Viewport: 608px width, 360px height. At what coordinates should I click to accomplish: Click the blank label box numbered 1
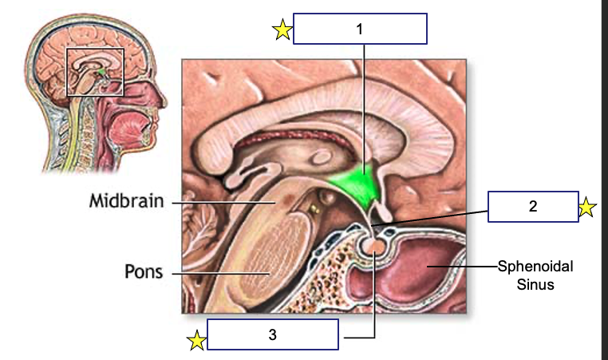360,29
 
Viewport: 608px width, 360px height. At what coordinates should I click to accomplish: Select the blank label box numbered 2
532,207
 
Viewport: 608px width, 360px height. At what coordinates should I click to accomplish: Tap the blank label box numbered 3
273,335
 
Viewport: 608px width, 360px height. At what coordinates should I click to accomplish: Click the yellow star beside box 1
282,30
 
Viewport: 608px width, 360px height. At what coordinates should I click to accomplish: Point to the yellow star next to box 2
586,208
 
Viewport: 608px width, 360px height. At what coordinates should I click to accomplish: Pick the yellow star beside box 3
195,342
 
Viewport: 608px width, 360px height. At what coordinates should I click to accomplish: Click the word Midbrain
126,201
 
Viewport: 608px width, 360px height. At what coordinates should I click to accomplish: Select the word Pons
144,271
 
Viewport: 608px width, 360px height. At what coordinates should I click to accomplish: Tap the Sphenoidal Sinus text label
535,275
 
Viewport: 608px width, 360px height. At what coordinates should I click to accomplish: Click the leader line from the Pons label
215,273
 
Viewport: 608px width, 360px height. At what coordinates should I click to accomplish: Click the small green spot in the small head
101,73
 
